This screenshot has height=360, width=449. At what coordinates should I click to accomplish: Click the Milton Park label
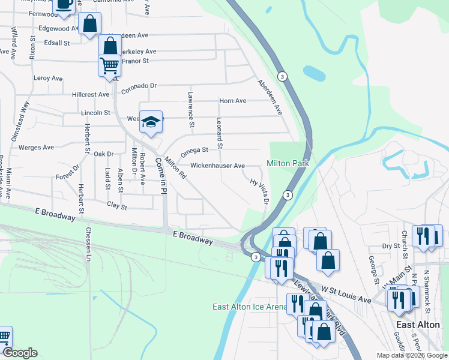[x=288, y=164]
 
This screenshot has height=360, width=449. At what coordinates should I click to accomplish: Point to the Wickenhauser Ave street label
[x=218, y=166]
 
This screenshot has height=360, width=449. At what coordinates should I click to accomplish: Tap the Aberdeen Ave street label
[x=270, y=97]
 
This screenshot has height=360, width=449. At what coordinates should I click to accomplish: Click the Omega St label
[x=194, y=150]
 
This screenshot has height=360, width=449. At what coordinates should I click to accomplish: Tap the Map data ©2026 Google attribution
[x=411, y=355]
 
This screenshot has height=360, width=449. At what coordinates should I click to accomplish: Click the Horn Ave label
[x=233, y=101]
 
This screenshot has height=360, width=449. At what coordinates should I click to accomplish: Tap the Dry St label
[x=391, y=246]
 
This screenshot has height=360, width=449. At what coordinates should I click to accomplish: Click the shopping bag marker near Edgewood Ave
[x=90, y=24]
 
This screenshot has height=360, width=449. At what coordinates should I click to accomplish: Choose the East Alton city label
[x=418, y=324]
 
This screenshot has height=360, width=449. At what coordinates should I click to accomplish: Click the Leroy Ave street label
[x=48, y=79]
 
